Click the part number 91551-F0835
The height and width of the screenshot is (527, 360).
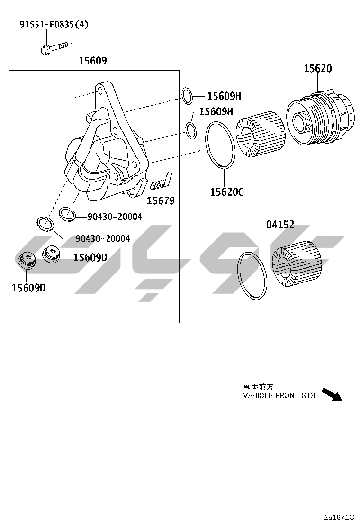[47, 24]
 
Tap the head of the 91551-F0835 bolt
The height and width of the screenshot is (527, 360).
[45, 50]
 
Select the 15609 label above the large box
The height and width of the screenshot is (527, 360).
[93, 61]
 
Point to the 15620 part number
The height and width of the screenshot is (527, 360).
[318, 68]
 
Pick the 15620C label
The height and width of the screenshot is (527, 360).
[227, 192]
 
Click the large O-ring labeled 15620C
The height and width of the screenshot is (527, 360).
[220, 145]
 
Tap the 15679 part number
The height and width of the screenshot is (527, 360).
[161, 200]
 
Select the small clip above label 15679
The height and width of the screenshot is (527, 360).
[161, 181]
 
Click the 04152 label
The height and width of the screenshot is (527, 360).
[280, 224]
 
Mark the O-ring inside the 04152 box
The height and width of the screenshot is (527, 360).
[253, 275]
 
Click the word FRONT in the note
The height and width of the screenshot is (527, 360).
[287, 396]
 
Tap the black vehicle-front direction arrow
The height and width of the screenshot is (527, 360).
[332, 394]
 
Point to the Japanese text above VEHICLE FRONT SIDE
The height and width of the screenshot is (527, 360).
[258, 387]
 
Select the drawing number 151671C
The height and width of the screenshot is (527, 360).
[339, 518]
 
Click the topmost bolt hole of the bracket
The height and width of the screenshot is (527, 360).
[99, 91]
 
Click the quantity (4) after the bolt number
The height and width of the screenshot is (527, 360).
[81, 24]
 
